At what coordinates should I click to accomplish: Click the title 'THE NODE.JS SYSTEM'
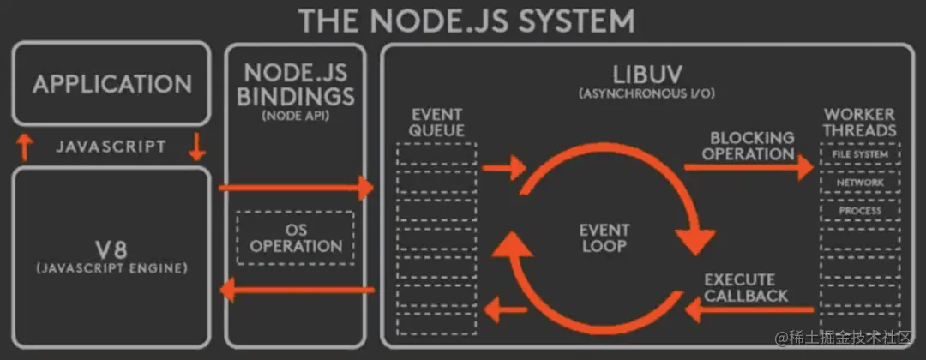tap(466, 20)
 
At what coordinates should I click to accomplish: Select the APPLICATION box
tap(111, 84)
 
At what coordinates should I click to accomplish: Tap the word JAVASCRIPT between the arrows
tap(111, 147)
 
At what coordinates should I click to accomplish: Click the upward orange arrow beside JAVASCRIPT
tap(25, 147)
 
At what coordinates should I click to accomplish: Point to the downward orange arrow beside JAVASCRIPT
tap(196, 147)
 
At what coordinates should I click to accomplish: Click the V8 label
tap(111, 249)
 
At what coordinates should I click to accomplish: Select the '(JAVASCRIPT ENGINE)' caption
tap(111, 269)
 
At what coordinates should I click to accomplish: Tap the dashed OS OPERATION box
tap(296, 237)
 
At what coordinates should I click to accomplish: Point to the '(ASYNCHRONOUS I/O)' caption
tap(646, 93)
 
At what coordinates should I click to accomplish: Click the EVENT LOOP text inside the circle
tap(604, 237)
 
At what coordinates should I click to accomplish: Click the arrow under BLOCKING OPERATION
tap(748, 168)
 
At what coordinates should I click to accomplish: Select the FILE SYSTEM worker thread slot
tap(859, 155)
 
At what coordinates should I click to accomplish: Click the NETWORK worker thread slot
tap(859, 183)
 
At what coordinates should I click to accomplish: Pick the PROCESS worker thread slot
tap(859, 210)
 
